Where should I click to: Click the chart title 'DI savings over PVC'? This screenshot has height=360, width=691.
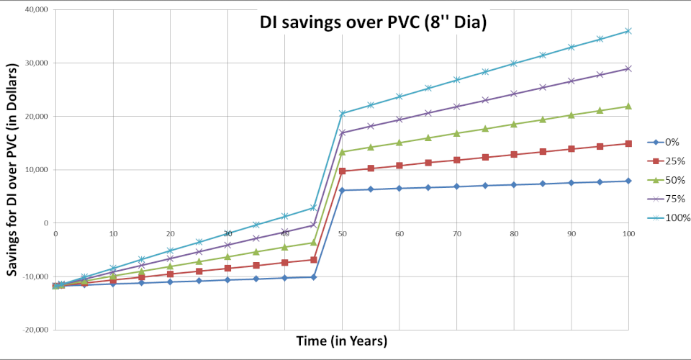click(374, 23)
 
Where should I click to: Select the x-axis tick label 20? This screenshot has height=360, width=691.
click(170, 233)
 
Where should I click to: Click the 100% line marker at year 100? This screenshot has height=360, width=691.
click(628, 31)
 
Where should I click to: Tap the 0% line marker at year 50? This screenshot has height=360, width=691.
click(342, 190)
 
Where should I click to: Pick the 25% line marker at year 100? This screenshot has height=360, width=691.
click(628, 143)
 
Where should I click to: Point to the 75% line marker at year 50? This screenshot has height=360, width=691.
click(342, 132)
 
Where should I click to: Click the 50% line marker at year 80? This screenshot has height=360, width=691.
click(514, 124)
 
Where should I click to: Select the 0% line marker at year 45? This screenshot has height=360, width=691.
click(313, 277)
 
